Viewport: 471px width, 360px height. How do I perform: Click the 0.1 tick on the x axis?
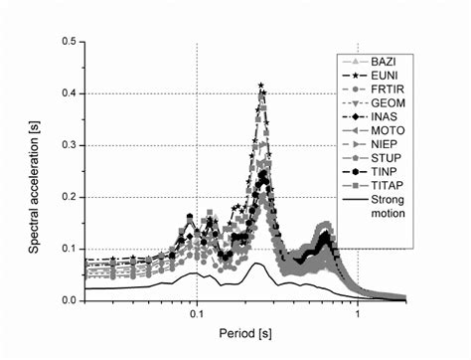coord(197,313)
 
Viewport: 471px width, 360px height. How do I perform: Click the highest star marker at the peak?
coord(260,86)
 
